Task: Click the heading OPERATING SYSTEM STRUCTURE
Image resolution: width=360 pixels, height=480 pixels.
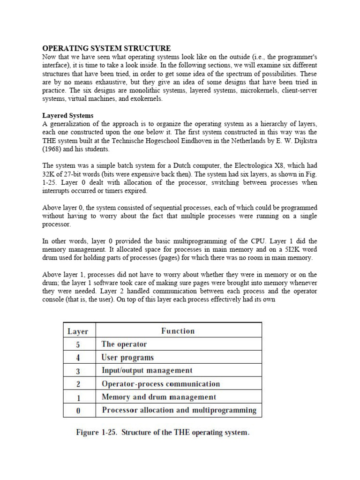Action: (106, 48)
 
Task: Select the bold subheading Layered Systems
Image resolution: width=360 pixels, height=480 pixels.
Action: (68, 115)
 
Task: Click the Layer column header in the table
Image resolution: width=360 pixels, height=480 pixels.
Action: (78, 331)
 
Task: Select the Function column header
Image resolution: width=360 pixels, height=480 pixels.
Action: (178, 331)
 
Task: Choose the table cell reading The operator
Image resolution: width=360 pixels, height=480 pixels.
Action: (124, 344)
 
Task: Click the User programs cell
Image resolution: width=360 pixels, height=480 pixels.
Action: (127, 357)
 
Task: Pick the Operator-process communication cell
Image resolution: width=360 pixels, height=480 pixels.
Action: (160, 383)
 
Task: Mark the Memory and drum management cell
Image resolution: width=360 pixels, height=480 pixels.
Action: (159, 397)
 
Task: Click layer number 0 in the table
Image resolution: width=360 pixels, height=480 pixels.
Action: (78, 411)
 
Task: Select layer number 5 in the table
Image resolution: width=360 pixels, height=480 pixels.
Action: (78, 345)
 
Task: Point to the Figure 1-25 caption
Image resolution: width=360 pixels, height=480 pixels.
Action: (163, 433)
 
